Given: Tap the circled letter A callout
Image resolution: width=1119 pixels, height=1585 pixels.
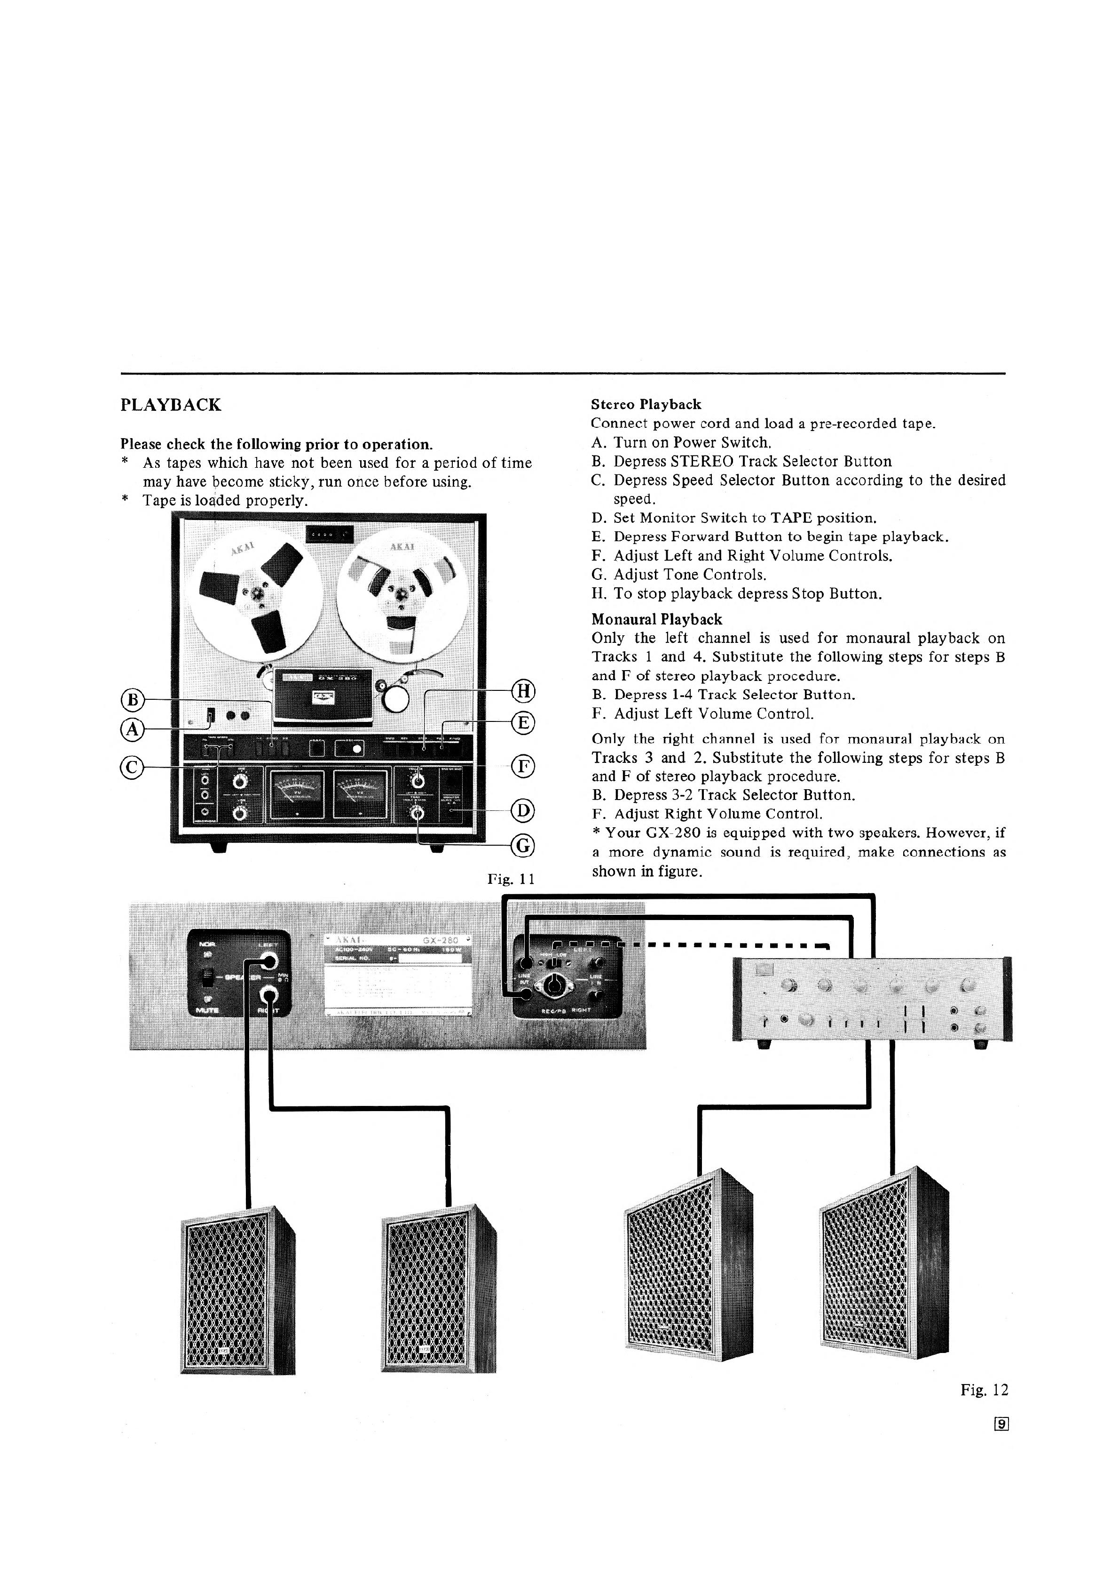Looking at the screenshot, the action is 131,728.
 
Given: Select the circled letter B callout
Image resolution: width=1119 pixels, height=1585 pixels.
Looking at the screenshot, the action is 132,700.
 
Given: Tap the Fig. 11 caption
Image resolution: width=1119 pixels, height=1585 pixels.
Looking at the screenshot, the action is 511,880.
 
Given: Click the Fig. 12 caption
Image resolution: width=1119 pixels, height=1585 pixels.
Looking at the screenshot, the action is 984,1390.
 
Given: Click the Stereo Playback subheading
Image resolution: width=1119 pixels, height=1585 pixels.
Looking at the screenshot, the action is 646,405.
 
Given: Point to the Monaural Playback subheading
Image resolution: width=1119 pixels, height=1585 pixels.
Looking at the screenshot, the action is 657,619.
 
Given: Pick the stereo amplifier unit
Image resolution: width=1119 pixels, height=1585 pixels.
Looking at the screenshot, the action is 872,999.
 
